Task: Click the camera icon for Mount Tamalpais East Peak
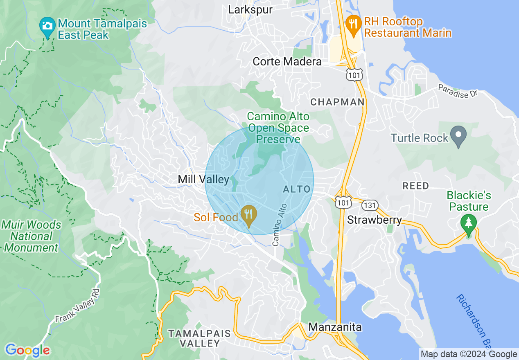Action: click(x=48, y=26)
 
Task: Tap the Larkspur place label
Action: click(x=250, y=9)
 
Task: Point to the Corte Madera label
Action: click(x=287, y=62)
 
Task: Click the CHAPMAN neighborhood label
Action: click(x=337, y=102)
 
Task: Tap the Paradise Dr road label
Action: click(x=458, y=90)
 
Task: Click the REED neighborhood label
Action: click(x=416, y=186)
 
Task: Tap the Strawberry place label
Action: click(x=374, y=220)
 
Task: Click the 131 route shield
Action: click(x=370, y=205)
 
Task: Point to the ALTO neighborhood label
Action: click(x=296, y=189)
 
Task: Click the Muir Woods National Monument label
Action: click(x=31, y=236)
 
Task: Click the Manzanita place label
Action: click(x=335, y=327)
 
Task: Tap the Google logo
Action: click(x=27, y=350)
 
